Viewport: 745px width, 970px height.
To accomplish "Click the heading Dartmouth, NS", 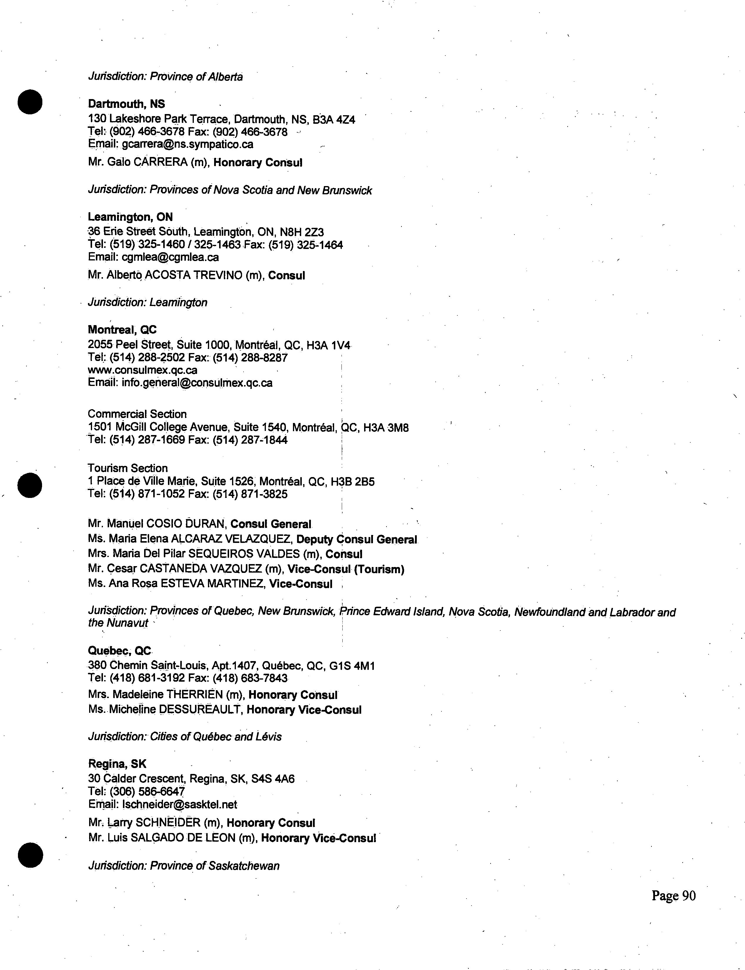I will pos(126,104).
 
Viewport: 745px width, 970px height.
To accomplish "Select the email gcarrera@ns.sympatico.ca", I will pos(187,144).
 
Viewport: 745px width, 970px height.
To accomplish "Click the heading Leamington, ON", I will pos(130,217).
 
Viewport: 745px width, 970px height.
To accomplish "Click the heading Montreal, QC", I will pos(122,330).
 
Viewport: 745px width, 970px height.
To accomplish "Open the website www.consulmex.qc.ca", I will pos(142,370).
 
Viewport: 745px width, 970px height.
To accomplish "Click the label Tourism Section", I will pos(128,468).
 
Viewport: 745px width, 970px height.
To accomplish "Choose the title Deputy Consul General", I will pos(356,539).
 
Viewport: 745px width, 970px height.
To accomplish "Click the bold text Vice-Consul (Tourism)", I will pos(346,569).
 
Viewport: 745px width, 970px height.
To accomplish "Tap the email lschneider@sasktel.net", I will pos(179,804).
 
